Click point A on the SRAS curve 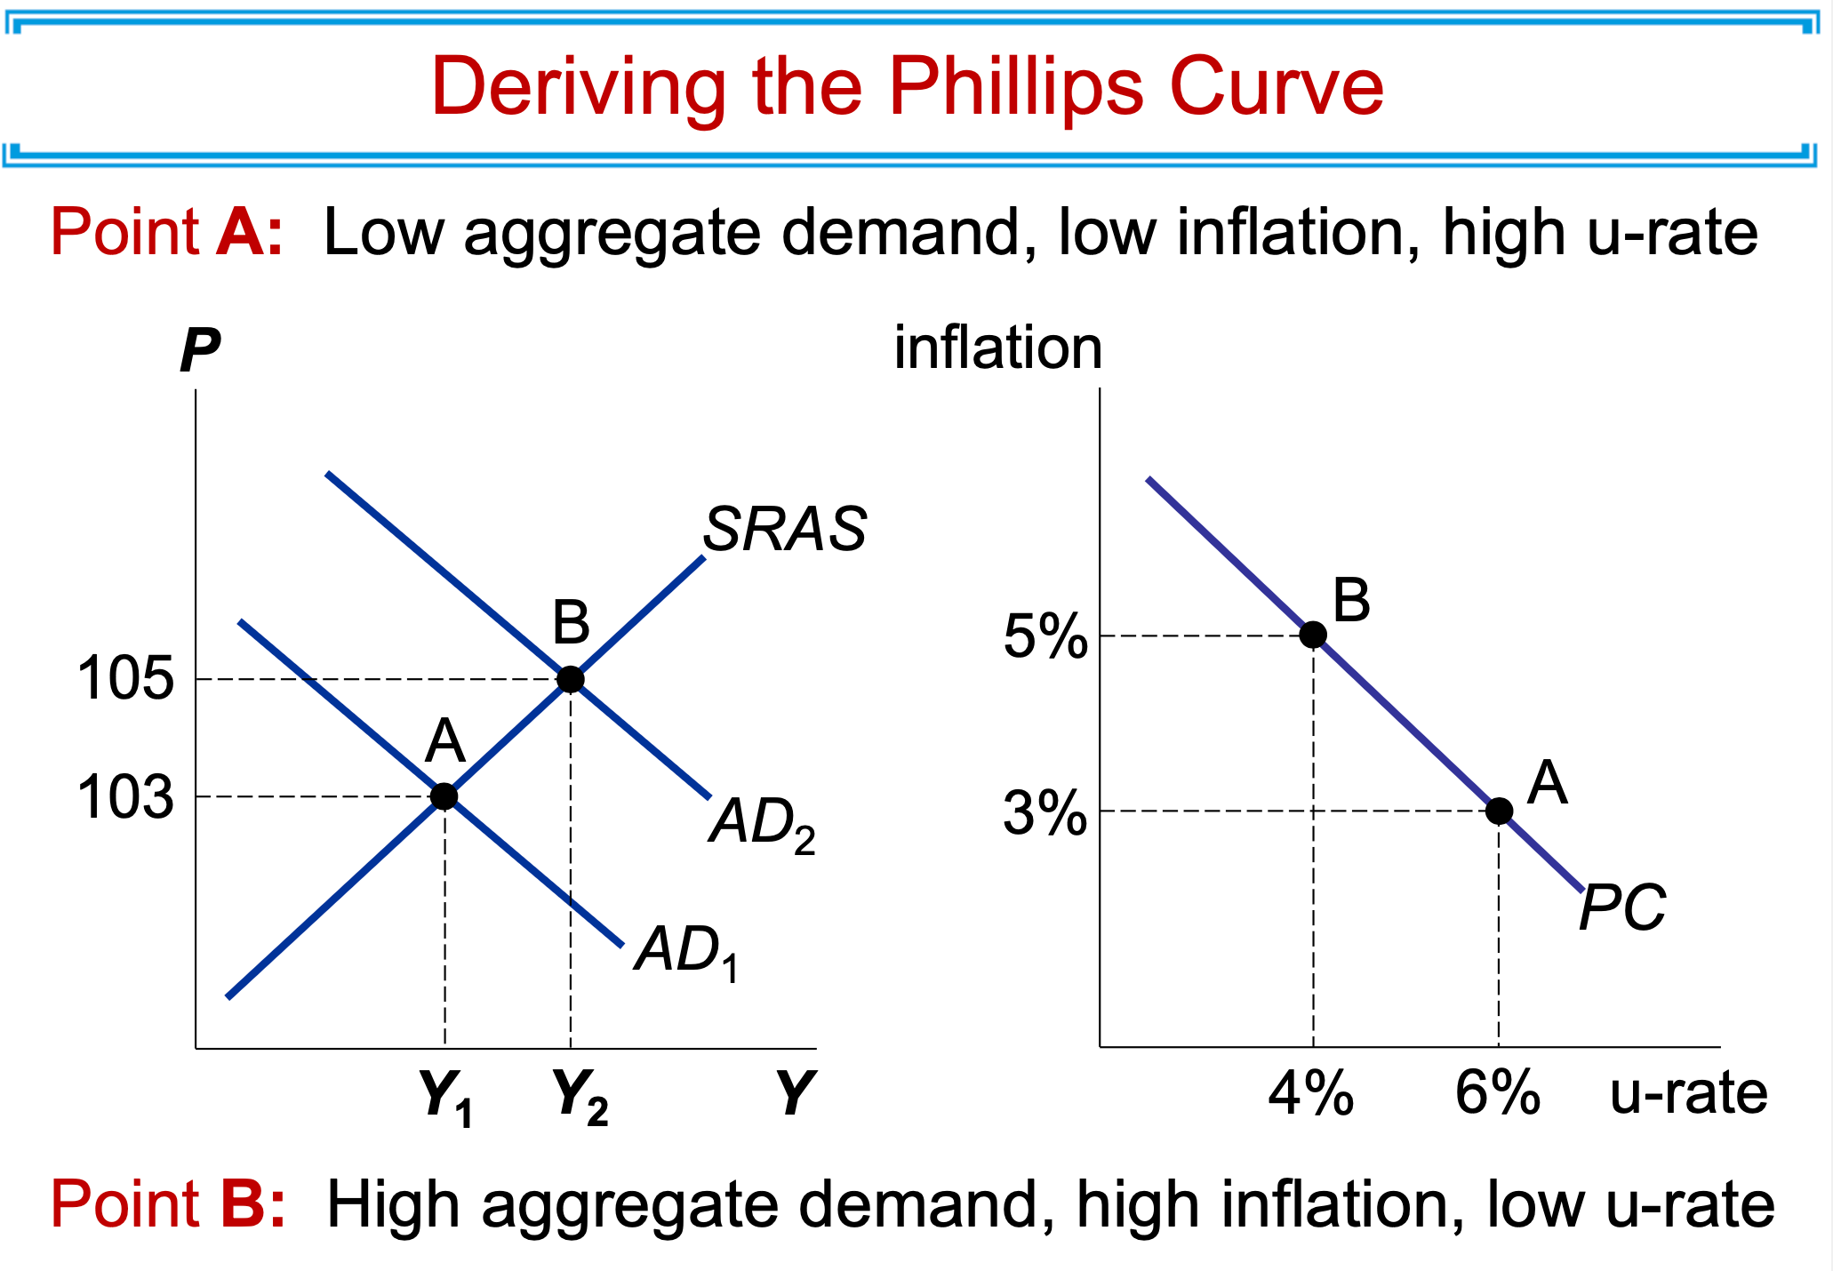(444, 796)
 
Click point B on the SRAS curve (571, 680)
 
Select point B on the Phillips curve (1313, 635)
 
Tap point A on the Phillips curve (1499, 811)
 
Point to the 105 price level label (125, 680)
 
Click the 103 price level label (125, 797)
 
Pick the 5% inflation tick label (1045, 637)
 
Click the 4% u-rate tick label (1311, 1093)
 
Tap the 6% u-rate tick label (1498, 1093)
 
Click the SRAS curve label (784, 530)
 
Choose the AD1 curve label (686, 953)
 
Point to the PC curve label (1622, 908)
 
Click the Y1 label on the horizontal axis (444, 1098)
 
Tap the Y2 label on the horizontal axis (580, 1098)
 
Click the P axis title (199, 351)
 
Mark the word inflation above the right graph (997, 348)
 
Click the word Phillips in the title (1016, 88)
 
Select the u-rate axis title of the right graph (1689, 1093)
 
